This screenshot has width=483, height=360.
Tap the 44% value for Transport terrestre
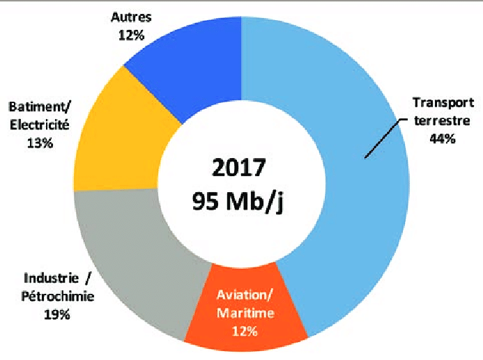[x=443, y=139]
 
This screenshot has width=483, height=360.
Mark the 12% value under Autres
[x=131, y=34]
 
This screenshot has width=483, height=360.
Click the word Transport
[x=443, y=103]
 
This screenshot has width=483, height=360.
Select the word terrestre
[x=443, y=120]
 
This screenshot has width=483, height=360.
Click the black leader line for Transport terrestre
[x=383, y=139]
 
